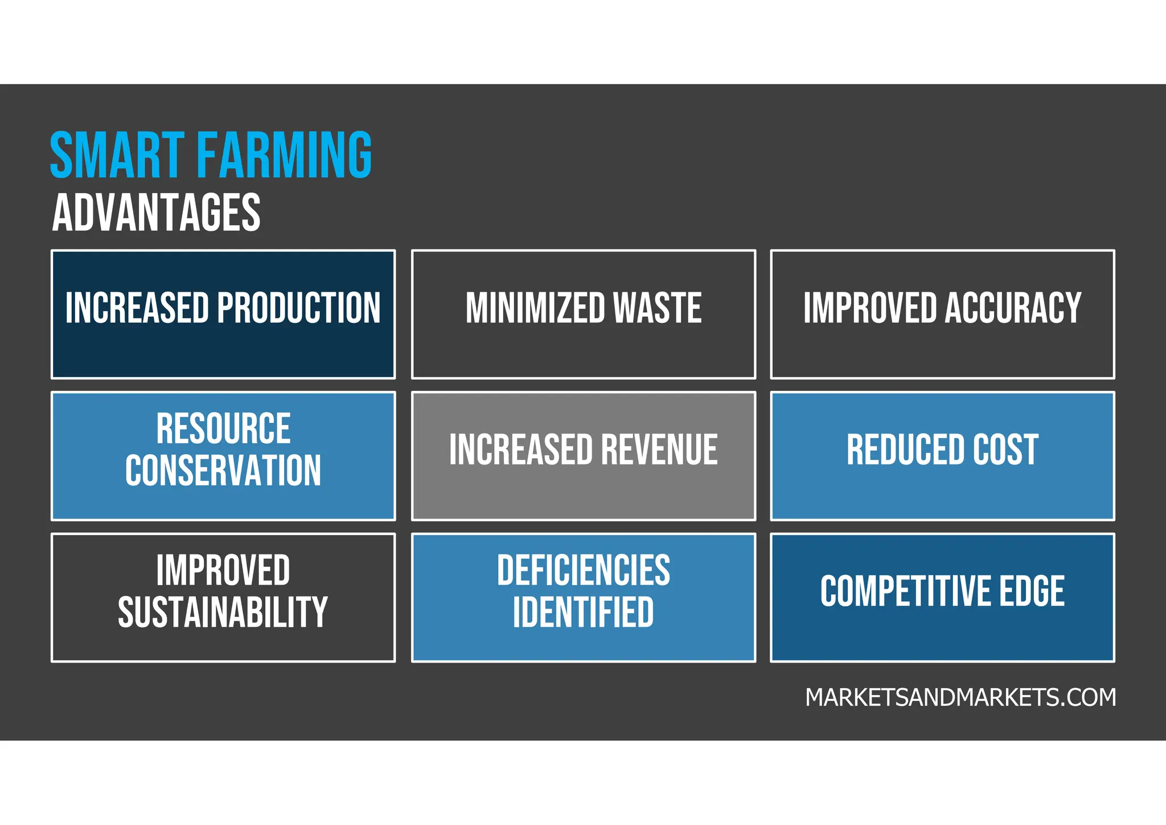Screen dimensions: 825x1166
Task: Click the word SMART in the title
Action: tap(117, 155)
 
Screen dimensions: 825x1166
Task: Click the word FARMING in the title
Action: tap(285, 155)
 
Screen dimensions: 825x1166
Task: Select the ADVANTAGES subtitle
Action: tap(156, 213)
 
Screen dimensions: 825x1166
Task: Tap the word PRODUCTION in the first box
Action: tap(299, 308)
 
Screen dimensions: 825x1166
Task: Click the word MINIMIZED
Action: tap(535, 308)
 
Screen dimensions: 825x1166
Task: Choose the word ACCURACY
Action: tap(1013, 308)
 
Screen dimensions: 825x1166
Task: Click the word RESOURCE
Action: tap(223, 428)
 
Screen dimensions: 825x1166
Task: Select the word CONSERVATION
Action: tap(223, 471)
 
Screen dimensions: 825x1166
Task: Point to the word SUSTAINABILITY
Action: tap(223, 612)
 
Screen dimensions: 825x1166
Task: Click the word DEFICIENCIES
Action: tap(584, 570)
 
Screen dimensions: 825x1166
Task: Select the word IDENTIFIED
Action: tap(584, 612)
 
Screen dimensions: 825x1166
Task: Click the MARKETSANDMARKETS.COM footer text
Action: tap(960, 697)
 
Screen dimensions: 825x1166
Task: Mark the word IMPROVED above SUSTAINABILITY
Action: tap(223, 570)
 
